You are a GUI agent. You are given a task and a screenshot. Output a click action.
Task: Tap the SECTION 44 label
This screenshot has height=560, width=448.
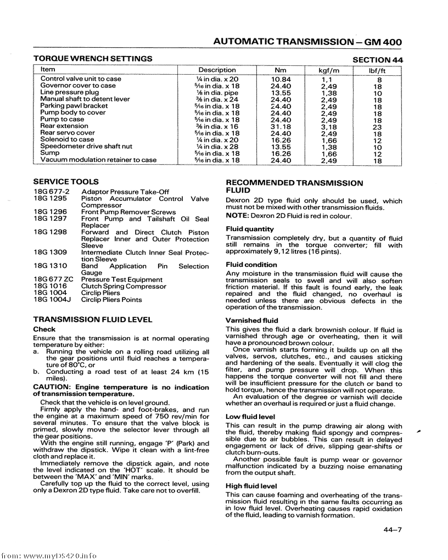(377, 59)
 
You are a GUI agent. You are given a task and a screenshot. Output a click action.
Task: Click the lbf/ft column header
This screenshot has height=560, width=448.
(378, 70)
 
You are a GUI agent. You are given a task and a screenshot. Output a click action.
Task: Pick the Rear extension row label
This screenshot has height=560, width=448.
(64, 126)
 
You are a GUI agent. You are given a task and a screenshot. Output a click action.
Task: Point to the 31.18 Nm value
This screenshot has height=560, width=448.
(281, 126)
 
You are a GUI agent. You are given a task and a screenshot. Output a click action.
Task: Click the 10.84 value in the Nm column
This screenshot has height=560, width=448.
(281, 80)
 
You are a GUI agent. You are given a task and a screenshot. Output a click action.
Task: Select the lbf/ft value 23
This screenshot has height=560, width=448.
(377, 127)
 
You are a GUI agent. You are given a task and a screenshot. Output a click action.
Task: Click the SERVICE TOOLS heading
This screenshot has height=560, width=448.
(66, 181)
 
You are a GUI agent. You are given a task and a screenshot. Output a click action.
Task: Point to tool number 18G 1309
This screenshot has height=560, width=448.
(50, 253)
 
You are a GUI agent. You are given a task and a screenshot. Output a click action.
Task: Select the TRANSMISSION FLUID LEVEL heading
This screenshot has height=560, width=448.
(93, 319)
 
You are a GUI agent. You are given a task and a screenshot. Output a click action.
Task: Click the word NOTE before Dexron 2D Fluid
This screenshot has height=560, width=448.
(237, 216)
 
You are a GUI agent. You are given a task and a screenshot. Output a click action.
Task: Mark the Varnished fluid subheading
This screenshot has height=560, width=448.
(252, 321)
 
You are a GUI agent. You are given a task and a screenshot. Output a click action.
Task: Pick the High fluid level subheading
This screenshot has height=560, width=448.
(251, 486)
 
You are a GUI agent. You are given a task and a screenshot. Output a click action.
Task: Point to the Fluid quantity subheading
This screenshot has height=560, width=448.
(250, 229)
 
